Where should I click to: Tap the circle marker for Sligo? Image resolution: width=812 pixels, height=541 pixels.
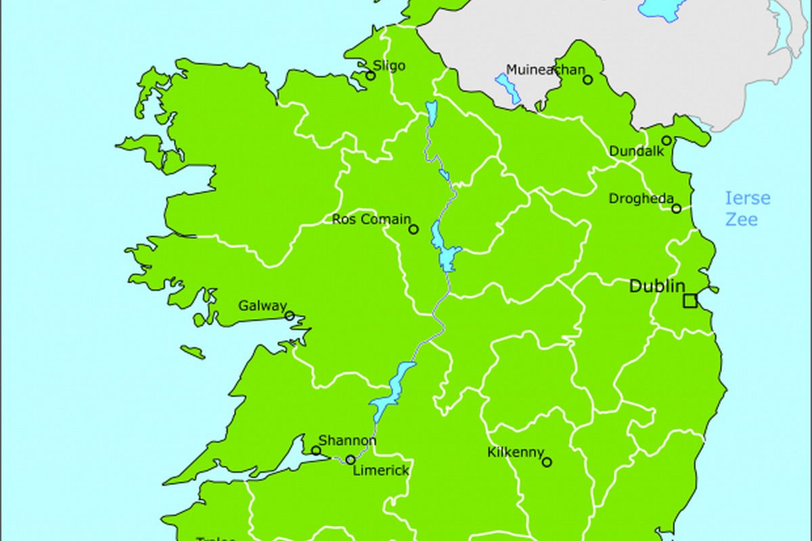click(371, 76)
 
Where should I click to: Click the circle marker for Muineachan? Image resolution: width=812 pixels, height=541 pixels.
click(588, 80)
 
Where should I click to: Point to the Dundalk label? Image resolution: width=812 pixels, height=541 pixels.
click(636, 151)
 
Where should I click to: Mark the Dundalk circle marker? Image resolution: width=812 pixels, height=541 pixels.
click(667, 141)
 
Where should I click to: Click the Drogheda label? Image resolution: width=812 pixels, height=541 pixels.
click(641, 199)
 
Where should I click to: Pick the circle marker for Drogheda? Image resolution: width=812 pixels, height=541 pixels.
click(676, 208)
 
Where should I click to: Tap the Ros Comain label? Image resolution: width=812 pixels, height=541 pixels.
click(371, 219)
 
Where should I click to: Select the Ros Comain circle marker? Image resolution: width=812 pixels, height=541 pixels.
click(413, 229)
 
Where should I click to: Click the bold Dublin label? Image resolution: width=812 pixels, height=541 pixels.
click(657, 286)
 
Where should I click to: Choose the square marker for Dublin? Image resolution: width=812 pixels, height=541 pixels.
click(690, 301)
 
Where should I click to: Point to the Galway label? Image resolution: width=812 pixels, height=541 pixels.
click(263, 306)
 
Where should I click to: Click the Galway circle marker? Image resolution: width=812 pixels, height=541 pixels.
click(290, 316)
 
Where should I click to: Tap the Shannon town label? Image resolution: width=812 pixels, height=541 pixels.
click(347, 440)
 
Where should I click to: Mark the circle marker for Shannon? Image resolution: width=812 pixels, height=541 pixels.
click(316, 450)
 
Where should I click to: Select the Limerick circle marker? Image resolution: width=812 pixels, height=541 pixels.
click(351, 460)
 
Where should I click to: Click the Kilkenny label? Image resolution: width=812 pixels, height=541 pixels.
click(516, 452)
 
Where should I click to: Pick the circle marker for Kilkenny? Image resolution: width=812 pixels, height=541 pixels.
click(547, 463)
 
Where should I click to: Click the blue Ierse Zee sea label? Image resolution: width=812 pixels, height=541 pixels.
click(747, 209)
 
